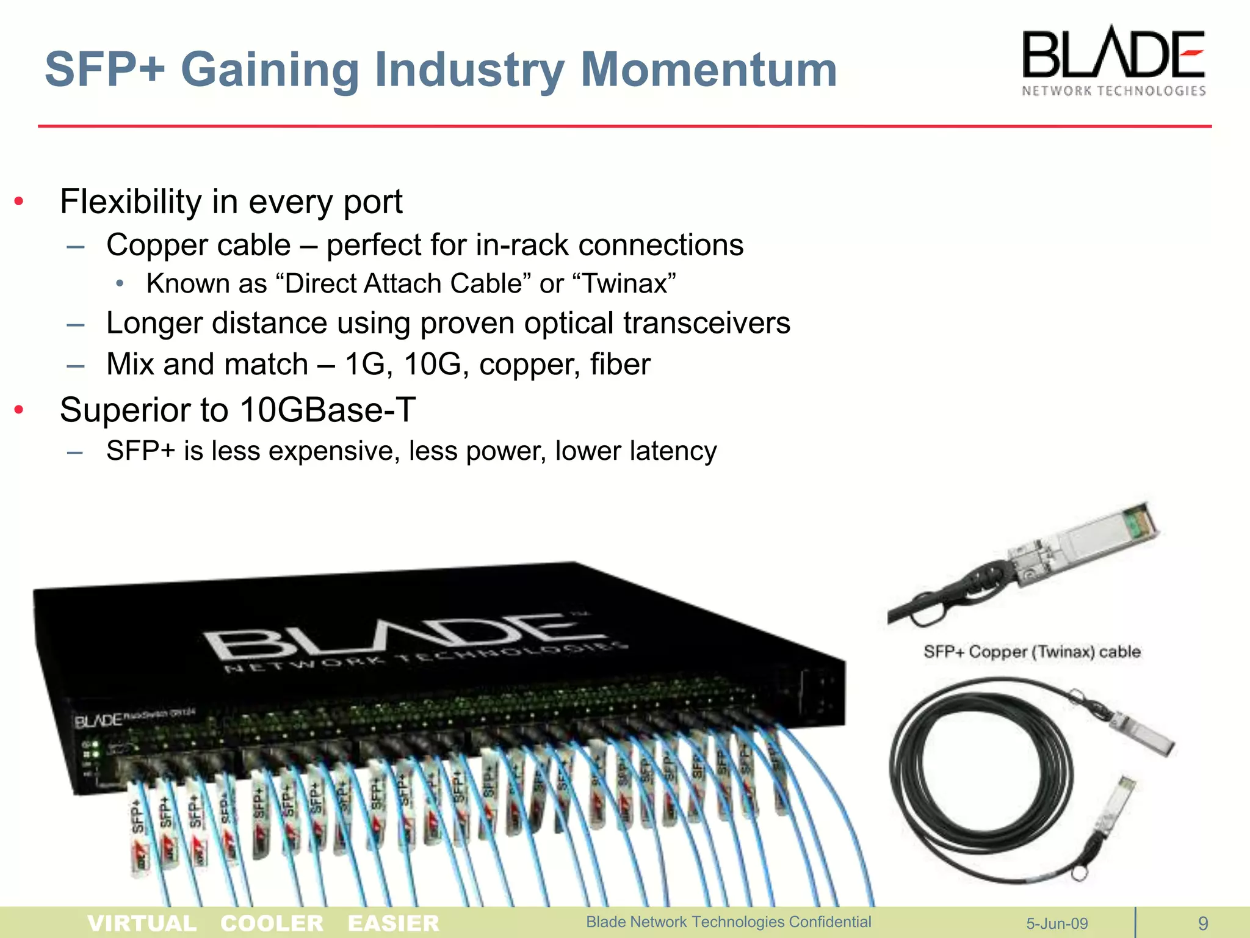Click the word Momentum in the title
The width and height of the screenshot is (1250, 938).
click(708, 70)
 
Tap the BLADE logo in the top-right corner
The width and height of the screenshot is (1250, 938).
click(1113, 61)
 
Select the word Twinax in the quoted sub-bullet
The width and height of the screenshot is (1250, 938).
click(626, 284)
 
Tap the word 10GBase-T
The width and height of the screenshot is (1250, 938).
click(327, 410)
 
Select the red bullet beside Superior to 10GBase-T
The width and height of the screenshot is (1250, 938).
click(20, 410)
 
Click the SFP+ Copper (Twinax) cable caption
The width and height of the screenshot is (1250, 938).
click(1031, 652)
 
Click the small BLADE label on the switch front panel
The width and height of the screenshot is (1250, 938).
click(98, 721)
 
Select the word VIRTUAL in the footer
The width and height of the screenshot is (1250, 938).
click(142, 923)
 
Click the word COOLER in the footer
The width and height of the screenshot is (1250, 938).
click(272, 923)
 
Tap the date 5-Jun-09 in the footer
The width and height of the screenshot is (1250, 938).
click(1057, 923)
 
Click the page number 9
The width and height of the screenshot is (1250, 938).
click(1203, 923)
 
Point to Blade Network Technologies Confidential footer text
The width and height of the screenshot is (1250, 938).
click(728, 922)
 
